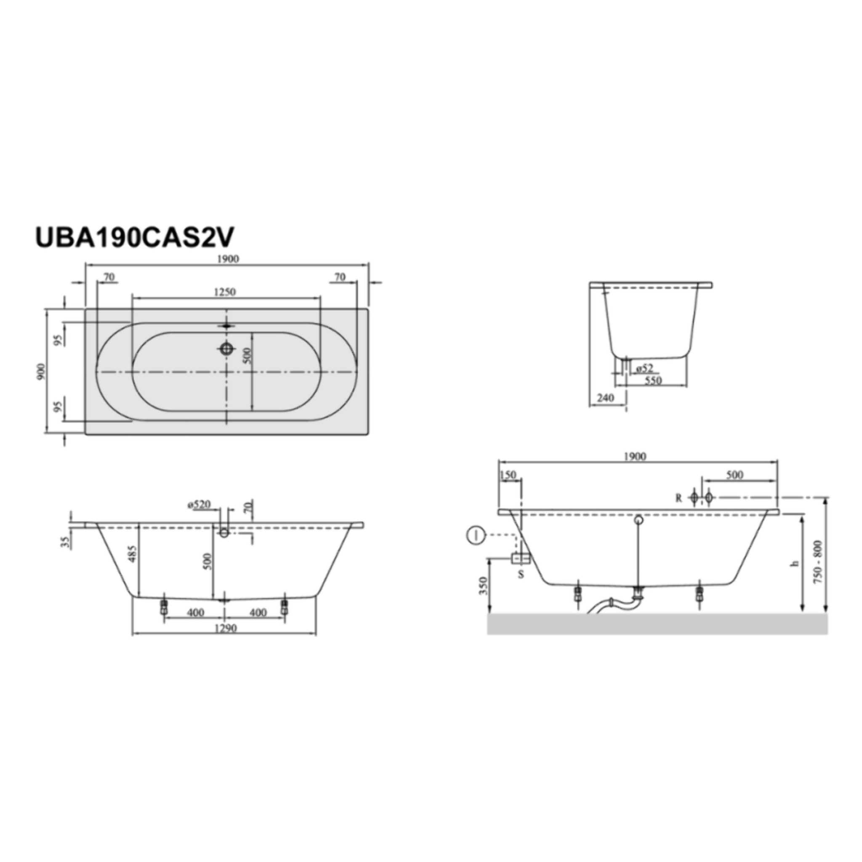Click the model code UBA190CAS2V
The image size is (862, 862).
tap(134, 238)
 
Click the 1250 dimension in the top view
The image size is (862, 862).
tap(225, 292)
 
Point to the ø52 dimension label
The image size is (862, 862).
tap(645, 369)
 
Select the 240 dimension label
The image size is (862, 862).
tap(605, 397)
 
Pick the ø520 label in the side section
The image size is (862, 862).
tap(199, 505)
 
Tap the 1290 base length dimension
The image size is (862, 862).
tap(225, 628)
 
